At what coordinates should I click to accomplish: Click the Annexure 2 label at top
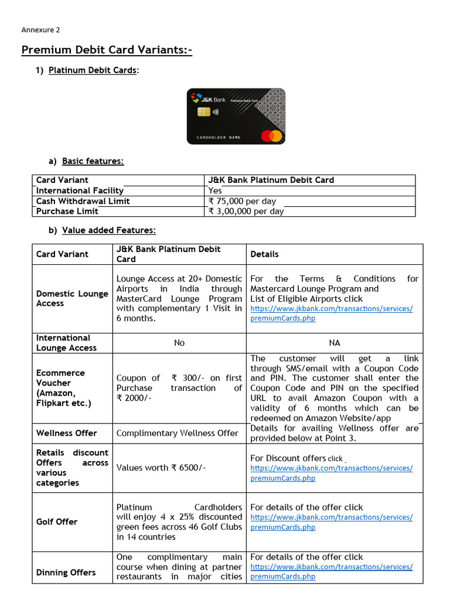tap(40, 30)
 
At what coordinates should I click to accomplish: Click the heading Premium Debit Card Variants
tap(107, 50)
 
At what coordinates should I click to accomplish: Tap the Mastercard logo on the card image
tap(271, 136)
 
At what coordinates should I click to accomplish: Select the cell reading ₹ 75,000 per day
tap(242, 201)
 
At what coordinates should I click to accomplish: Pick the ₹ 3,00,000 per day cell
tap(246, 211)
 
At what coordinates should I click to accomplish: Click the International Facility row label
tap(80, 190)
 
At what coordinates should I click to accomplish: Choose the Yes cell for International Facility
tap(215, 190)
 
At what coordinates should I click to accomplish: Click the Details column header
tap(264, 254)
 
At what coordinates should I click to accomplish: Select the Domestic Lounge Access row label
tap(72, 298)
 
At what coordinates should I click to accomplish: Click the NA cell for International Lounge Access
tap(334, 343)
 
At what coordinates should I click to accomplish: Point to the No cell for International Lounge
tap(179, 343)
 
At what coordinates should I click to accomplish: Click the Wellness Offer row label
tap(66, 433)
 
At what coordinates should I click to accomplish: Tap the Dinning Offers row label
tap(66, 572)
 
